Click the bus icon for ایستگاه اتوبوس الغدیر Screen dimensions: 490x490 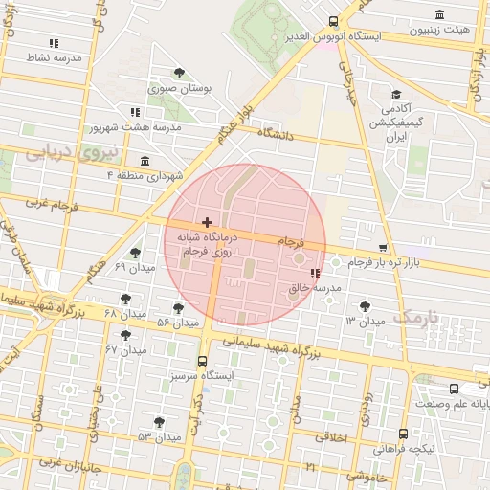(333, 22)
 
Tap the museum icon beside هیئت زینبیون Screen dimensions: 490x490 (439, 14)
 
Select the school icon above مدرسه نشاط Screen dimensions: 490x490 (54, 43)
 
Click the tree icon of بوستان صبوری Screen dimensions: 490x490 (179, 73)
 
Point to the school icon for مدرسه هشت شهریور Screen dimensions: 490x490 (135, 111)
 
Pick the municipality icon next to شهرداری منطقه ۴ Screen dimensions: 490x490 (145, 160)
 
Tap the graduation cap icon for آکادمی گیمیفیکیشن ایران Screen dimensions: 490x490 (395, 95)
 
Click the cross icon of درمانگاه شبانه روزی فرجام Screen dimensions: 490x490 (208, 222)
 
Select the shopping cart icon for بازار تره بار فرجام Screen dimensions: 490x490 (384, 247)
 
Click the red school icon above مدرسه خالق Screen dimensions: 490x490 (315, 274)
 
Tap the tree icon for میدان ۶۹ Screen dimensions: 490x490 (135, 253)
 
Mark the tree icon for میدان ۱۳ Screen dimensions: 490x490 (364, 306)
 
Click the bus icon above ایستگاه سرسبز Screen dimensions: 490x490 (201, 362)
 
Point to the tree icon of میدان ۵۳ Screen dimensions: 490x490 (159, 422)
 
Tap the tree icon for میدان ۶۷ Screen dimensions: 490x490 (125, 335)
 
